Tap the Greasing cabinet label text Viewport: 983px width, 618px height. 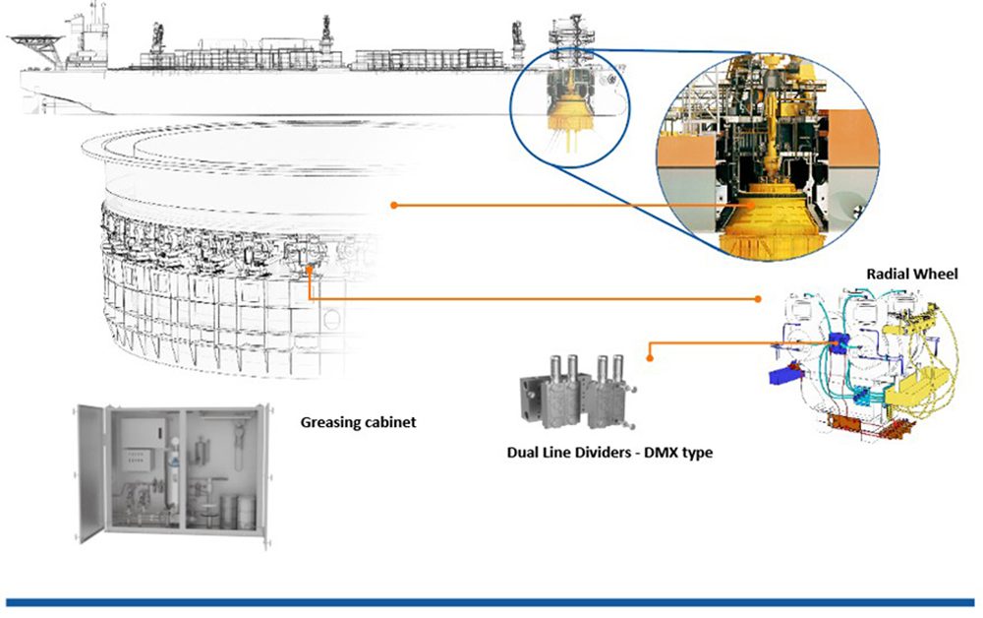coord(358,422)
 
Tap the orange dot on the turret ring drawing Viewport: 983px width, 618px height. coord(393,206)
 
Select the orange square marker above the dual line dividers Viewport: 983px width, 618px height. coord(650,344)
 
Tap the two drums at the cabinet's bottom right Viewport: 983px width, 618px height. coord(236,511)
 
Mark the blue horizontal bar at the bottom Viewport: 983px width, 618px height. coord(491,601)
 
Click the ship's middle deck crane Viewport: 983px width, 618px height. coord(325,33)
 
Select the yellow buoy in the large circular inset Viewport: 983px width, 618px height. coord(768,221)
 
